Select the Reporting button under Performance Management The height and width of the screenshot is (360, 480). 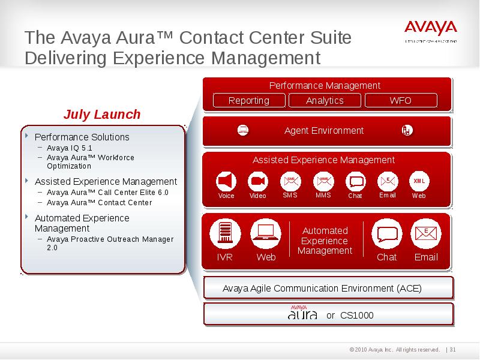point(249,101)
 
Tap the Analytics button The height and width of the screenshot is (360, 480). point(325,101)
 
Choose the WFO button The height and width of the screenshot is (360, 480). point(400,101)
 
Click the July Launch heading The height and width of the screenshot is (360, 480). point(102,115)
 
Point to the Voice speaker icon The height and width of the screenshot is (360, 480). point(226,181)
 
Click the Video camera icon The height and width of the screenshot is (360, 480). point(258,181)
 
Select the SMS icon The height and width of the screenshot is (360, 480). point(290,181)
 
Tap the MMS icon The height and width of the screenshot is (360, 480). point(323,181)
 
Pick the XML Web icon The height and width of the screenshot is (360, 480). point(419,181)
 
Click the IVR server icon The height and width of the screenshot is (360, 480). point(225,234)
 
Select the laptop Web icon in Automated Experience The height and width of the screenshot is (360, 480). point(265,234)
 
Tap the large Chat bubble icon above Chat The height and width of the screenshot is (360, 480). point(386,234)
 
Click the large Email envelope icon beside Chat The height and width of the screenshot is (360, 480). point(426,234)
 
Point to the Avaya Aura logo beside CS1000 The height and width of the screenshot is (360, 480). point(302,314)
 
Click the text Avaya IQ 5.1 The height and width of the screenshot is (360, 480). point(70,148)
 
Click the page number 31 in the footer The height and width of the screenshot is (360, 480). point(453,350)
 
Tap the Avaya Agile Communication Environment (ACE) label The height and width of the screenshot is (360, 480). point(322,289)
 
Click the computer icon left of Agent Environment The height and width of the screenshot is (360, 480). point(243,130)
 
